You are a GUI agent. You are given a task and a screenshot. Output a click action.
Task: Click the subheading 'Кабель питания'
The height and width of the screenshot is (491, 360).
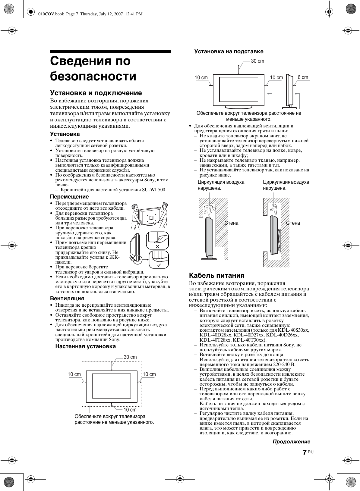tap(216, 275)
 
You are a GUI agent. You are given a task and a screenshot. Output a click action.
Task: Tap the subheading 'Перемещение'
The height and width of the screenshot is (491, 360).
tap(69, 197)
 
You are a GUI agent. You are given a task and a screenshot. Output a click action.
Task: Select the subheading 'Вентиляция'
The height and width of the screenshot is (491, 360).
tap(67, 299)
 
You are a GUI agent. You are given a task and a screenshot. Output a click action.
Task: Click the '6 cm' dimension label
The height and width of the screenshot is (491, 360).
tap(303, 77)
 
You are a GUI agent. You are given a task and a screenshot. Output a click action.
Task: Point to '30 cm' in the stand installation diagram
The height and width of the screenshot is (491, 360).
tap(257, 61)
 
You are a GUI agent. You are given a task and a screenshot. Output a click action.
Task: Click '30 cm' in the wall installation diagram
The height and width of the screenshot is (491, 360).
tap(130, 357)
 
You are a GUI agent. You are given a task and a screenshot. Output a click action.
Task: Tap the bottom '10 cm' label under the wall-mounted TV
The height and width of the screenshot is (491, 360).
tap(130, 410)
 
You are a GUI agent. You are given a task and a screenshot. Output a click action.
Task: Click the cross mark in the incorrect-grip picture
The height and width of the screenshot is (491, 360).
tap(157, 246)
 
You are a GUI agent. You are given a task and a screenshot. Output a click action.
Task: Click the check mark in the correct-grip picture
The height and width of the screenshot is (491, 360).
tap(159, 265)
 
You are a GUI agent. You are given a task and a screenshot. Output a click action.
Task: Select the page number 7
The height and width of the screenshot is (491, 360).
tap(305, 453)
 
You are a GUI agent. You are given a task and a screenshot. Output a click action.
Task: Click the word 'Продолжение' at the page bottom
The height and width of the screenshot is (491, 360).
tap(291, 442)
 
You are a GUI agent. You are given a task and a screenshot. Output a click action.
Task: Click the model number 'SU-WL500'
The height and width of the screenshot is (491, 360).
tap(153, 190)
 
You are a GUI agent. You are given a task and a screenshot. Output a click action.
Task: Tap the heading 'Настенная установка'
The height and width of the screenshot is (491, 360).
tap(85, 346)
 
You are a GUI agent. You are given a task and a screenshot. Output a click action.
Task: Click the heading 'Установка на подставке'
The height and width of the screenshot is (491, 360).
tap(229, 52)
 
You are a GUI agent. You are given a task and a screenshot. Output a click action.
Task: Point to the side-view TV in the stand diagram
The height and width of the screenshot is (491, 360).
tap(289, 91)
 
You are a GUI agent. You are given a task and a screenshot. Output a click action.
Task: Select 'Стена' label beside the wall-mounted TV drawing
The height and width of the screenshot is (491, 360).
tap(293, 223)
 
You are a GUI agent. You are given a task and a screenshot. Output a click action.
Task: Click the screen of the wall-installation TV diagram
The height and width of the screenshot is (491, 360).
tap(111, 386)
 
